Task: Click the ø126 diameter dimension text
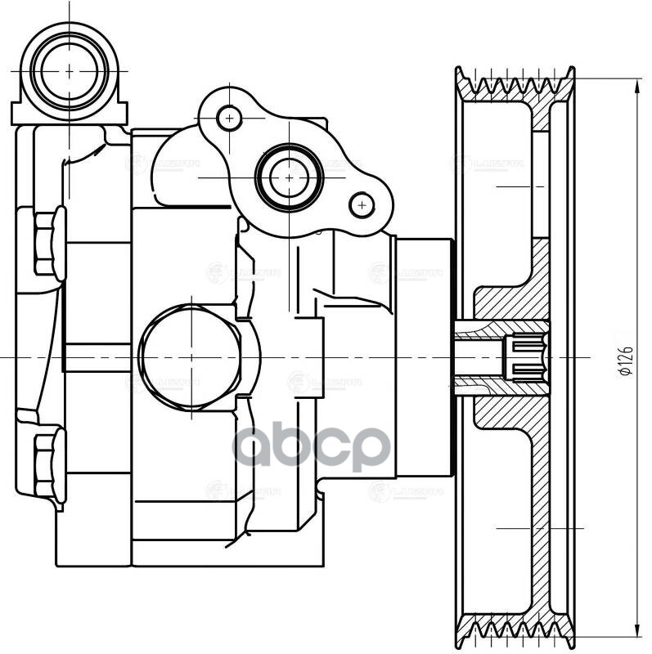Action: point(624,359)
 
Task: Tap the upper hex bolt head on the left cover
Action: point(49,242)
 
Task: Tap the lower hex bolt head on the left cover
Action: point(49,464)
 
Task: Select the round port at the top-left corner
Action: point(70,70)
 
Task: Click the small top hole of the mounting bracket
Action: point(230,119)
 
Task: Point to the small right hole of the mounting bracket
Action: point(360,204)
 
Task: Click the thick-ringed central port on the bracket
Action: point(288,176)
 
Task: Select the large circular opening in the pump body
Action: point(191,358)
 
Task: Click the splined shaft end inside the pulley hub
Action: point(524,359)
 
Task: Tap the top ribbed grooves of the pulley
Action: point(516,86)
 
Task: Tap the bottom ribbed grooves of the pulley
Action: point(516,630)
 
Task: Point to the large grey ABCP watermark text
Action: point(311,446)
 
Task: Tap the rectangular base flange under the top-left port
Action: point(70,113)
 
